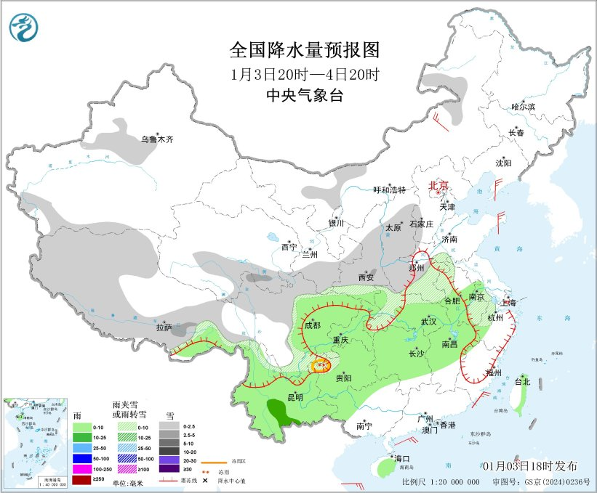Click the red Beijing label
[439, 185]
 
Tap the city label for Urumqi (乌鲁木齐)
[158, 139]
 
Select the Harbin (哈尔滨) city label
[523, 107]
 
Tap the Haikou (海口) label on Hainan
[402, 459]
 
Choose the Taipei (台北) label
[523, 381]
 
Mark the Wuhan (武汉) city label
[428, 321]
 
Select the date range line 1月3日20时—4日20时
[305, 74]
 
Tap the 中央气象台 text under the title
[305, 96]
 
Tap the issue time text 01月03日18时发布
[529, 465]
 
